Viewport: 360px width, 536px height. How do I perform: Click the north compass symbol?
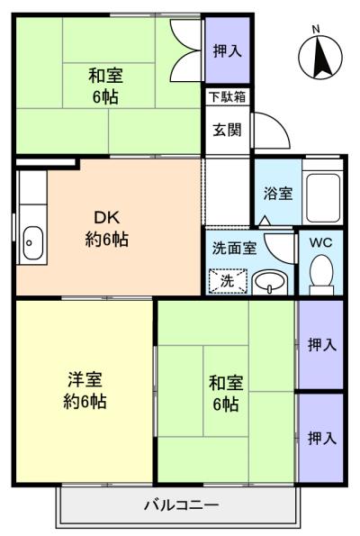pos(320,58)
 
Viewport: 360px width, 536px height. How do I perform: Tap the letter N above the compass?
pos(316,30)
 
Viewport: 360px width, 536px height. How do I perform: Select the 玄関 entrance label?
pos(227,130)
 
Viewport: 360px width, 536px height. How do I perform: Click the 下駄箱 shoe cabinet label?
pos(228,97)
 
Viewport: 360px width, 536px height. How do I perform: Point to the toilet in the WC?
pos(321,275)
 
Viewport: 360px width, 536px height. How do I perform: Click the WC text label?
pos(320,242)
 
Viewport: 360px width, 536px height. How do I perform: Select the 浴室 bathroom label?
pos(278,193)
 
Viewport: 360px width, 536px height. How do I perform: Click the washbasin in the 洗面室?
pos(270,282)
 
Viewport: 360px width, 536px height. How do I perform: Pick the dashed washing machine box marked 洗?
pos(228,281)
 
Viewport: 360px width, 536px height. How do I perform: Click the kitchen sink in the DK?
pos(32,242)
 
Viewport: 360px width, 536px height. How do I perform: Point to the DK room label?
pos(106,217)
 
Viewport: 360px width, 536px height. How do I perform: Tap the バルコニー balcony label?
pos(181,504)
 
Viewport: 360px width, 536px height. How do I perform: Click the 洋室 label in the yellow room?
pos(85,379)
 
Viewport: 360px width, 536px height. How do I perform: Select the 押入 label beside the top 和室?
pos(228,51)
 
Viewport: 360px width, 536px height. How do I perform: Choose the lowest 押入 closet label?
pos(322,438)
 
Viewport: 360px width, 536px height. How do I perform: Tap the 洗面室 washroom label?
pos(234,248)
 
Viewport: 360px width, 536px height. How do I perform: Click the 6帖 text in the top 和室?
pos(105,97)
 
